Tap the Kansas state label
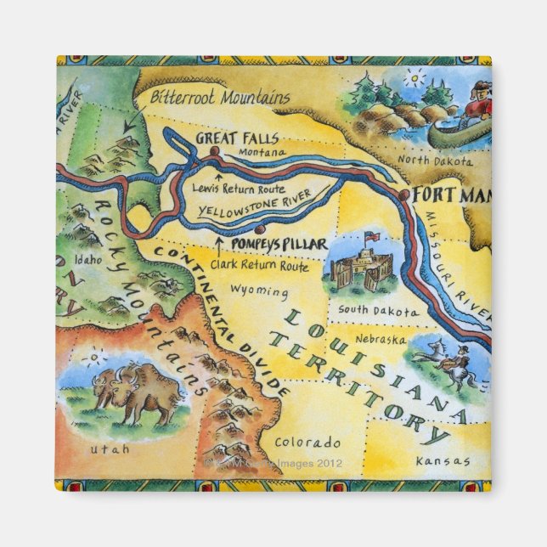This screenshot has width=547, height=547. click(443, 461)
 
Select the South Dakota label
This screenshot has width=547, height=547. click(378, 310)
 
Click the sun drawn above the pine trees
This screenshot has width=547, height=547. click(414, 79)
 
